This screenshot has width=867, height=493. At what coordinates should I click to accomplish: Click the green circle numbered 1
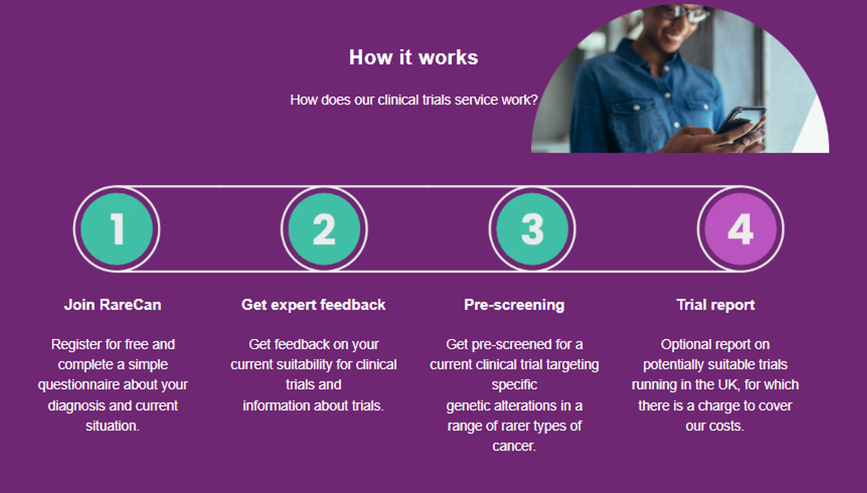click(116, 229)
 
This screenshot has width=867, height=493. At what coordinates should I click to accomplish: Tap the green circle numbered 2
click(325, 229)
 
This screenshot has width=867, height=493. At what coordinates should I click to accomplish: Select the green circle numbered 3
click(532, 229)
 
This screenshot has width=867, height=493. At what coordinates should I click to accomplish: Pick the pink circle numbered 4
click(740, 229)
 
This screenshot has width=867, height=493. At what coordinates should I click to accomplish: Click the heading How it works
click(413, 57)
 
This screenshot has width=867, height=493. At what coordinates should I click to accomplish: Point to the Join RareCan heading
click(113, 305)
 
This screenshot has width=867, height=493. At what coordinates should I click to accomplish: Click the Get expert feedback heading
click(313, 305)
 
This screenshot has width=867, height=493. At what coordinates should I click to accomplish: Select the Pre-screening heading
click(515, 305)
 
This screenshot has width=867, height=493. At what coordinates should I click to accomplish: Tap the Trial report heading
click(715, 305)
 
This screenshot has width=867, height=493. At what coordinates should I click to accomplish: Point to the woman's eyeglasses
click(684, 12)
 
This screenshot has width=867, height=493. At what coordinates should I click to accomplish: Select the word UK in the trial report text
click(727, 385)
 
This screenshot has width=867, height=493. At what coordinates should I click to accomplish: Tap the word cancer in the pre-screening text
click(514, 446)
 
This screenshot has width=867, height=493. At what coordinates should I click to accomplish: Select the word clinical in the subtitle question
click(398, 100)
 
